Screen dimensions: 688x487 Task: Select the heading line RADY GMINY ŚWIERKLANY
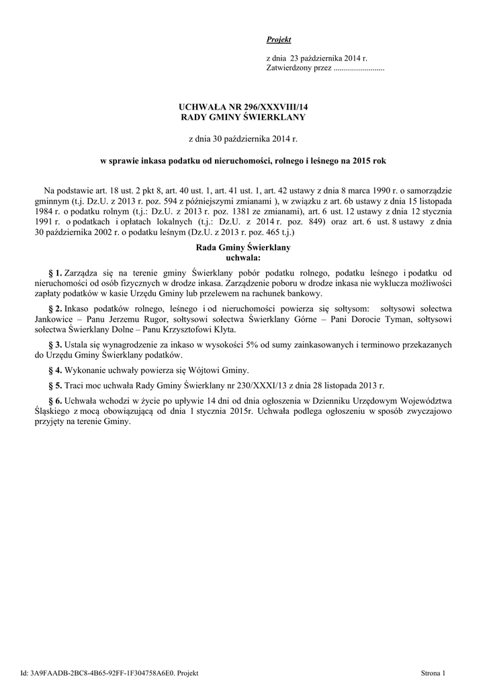point(243,118)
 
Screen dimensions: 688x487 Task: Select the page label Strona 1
point(433,673)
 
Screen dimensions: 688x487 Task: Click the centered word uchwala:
point(243,257)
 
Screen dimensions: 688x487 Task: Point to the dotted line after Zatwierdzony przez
point(359,69)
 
